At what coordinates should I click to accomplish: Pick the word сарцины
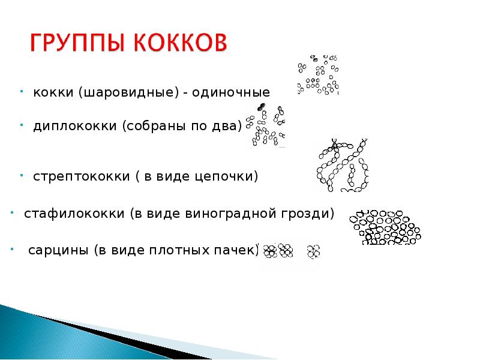[58, 250]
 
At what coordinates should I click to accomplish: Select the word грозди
[311, 214]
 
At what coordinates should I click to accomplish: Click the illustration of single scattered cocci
[319, 75]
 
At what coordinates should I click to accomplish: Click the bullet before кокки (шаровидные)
[20, 92]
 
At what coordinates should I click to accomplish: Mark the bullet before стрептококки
[20, 175]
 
